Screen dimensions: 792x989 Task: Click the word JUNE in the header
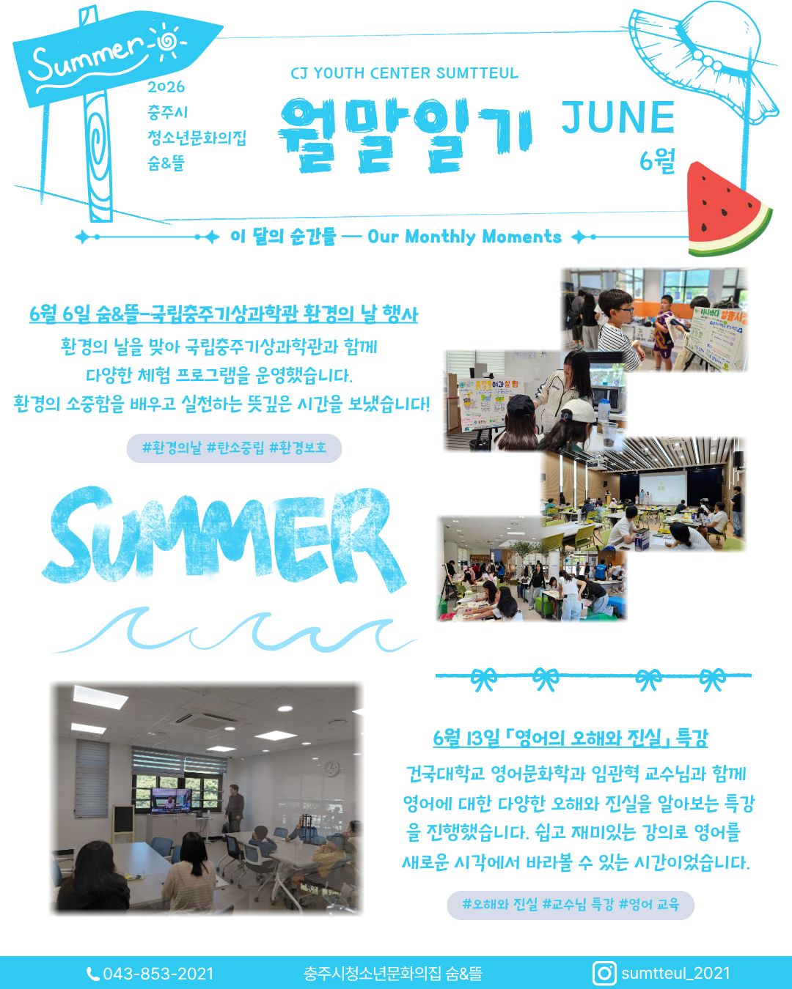click(x=618, y=118)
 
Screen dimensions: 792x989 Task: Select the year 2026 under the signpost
click(x=166, y=87)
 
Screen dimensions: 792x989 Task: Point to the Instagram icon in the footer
click(x=604, y=973)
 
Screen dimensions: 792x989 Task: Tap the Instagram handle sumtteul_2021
click(x=675, y=973)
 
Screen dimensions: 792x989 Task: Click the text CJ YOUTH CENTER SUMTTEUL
click(x=405, y=73)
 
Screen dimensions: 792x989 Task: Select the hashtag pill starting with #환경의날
click(x=234, y=448)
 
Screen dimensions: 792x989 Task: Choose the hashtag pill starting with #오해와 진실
click(x=571, y=905)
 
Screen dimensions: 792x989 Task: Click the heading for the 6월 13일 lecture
click(x=571, y=738)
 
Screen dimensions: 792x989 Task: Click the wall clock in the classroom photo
click(x=331, y=768)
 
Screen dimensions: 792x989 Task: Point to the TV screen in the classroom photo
click(x=172, y=801)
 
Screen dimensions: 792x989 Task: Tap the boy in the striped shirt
click(x=619, y=330)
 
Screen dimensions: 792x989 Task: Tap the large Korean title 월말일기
click(x=405, y=136)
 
